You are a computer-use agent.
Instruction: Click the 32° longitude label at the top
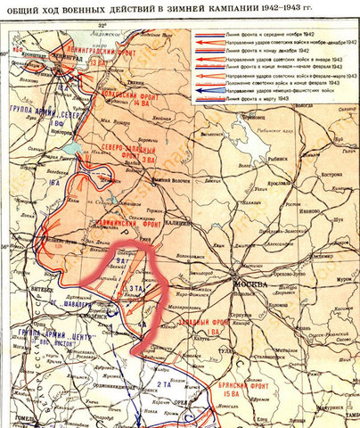101,25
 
